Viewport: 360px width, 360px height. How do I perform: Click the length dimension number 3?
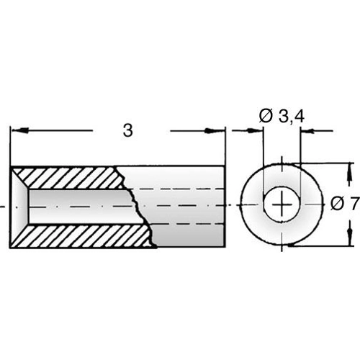[x=128, y=130]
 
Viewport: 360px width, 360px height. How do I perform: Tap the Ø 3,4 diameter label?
[x=282, y=114]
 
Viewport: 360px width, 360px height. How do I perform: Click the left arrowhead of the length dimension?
[x=19, y=131]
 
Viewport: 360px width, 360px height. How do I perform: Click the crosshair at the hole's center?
[x=282, y=205]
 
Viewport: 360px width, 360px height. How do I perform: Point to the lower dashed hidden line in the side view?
[x=184, y=222]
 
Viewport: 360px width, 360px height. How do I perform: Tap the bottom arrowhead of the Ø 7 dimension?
[x=351, y=240]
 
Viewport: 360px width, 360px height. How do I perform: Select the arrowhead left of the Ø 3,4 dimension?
[x=256, y=131]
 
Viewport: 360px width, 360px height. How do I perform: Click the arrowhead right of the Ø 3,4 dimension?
[x=307, y=131]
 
